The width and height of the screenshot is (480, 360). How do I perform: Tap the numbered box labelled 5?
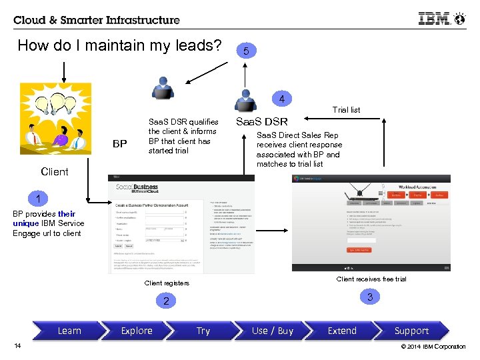(246, 51)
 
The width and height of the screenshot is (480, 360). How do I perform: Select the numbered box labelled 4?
(282, 99)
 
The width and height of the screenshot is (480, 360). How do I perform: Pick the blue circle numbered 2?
(167, 301)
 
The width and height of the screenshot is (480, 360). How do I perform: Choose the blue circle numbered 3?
(370, 297)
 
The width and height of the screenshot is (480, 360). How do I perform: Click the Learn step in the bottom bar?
(69, 331)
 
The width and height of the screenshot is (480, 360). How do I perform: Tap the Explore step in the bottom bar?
(137, 331)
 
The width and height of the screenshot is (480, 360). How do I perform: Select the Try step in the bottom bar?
(203, 331)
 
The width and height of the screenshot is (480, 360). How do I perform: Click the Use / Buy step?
(272, 331)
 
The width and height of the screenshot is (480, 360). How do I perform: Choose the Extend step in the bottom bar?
(342, 331)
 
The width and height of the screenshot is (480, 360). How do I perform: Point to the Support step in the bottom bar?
(411, 331)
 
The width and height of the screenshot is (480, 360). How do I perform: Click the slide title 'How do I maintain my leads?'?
(119, 46)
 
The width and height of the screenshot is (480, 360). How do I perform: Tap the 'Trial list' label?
(346, 110)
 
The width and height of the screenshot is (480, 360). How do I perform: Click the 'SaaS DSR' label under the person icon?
(261, 122)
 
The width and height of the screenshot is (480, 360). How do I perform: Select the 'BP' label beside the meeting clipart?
(120, 143)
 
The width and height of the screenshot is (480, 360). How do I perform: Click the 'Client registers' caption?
(167, 283)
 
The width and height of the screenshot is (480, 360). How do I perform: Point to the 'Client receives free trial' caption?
(371, 279)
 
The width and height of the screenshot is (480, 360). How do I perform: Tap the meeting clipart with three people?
(55, 125)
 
